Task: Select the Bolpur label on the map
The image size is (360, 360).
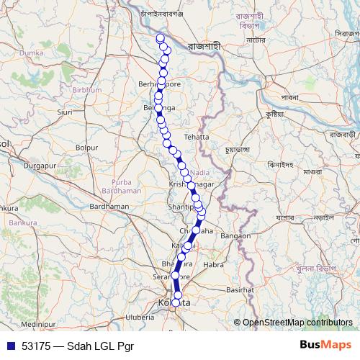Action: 86,148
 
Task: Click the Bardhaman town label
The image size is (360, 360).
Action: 109,207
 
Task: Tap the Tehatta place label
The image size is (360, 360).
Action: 196,136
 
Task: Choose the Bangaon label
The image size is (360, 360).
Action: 235,235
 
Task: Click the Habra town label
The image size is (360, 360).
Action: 214,264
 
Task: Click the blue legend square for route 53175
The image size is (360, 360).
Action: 10,346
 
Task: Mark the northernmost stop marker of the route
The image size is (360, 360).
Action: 161,39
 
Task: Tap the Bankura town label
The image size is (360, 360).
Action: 9,209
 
